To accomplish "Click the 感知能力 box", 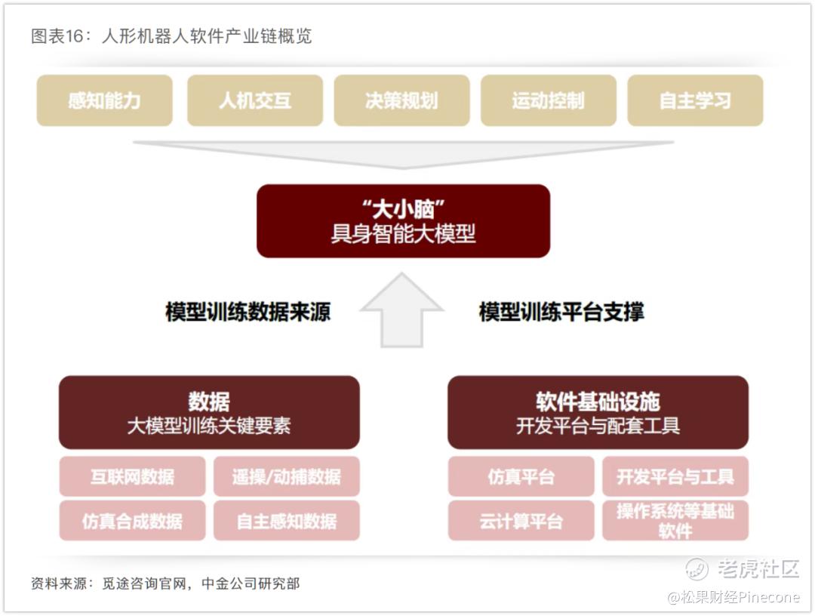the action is pos(104,100).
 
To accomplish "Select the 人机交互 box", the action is pos(255,100).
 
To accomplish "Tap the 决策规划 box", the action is pos(401,100).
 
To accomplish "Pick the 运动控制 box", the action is pos(549,100).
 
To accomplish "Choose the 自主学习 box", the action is pos(696,100).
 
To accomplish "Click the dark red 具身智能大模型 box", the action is pos(403,221).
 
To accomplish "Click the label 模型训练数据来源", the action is pos(248,312).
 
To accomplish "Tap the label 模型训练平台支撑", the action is pos(561,312).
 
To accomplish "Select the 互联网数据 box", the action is pos(133,476).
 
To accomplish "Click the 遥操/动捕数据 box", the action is pos(287,476).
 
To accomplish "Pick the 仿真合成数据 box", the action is pos(133,520).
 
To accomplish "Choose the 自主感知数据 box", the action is pos(287,520).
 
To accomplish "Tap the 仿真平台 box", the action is pos(521,476).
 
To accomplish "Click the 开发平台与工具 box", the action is pos(675,476).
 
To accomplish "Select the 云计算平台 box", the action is pos(521,520).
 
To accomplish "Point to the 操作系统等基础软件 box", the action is pos(675,520).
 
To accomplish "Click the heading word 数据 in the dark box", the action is pos(209,402).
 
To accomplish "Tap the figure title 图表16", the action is pos(57,36).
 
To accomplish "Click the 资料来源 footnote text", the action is pos(59,584).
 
